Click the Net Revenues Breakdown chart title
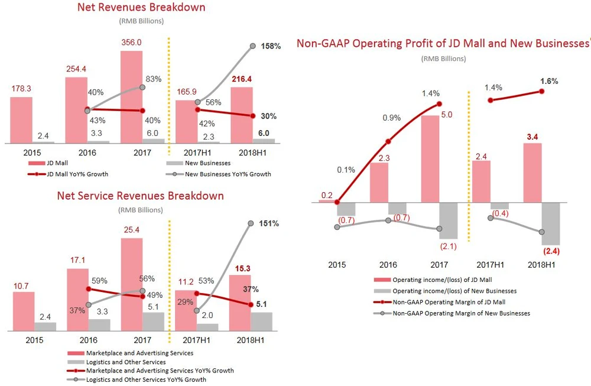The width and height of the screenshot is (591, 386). point(142,8)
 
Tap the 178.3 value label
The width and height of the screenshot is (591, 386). point(21,89)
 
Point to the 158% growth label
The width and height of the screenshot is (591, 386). point(271,46)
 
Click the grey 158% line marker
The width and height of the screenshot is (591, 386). point(253,46)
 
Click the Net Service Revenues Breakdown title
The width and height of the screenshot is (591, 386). point(140,196)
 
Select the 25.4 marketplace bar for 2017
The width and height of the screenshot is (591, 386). point(131,284)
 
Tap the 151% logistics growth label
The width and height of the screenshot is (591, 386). point(268,223)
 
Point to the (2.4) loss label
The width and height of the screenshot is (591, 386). point(551,251)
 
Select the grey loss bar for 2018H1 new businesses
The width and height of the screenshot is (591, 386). point(551,223)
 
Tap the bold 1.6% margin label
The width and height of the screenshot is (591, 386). point(548,81)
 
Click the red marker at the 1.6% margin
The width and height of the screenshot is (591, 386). point(542,91)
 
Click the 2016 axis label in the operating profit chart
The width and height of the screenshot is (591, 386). point(388,265)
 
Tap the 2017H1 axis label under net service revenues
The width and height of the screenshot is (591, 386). point(186,340)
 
